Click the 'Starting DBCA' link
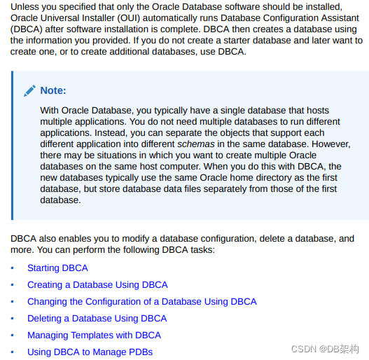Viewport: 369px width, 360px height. tap(57, 268)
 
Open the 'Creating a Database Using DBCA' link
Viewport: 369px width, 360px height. tap(97, 285)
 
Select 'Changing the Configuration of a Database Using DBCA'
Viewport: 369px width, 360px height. tap(141, 302)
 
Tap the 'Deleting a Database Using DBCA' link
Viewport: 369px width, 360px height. tap(97, 319)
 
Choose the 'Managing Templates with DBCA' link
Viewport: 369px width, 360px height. tap(94, 335)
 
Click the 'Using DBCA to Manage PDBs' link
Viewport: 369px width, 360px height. tap(90, 352)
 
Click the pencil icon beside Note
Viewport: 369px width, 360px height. tap(29, 90)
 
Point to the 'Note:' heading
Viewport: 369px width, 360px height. tap(53, 90)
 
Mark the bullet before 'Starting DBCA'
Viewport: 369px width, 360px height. tap(12, 268)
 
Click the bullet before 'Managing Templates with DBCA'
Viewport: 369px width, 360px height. tap(12, 335)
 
